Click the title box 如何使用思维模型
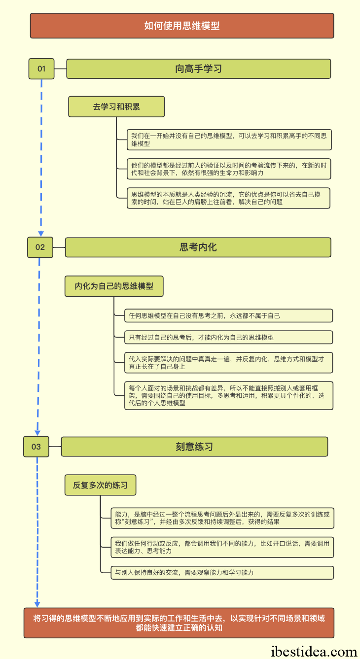182,26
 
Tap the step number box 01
41,69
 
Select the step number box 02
40,247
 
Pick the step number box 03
36,447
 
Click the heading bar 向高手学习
199,69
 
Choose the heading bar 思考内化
198,247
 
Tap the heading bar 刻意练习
195,447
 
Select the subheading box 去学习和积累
116,106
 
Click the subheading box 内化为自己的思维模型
114,286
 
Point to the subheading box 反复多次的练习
101,485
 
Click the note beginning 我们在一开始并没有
229,140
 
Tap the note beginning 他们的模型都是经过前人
229,169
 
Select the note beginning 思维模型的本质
228,198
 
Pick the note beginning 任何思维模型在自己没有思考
229,315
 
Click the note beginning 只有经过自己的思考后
229,338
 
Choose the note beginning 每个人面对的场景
229,396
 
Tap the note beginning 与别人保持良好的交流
222,573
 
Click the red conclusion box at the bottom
179,623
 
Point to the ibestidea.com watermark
314,651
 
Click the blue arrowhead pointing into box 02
41,234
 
